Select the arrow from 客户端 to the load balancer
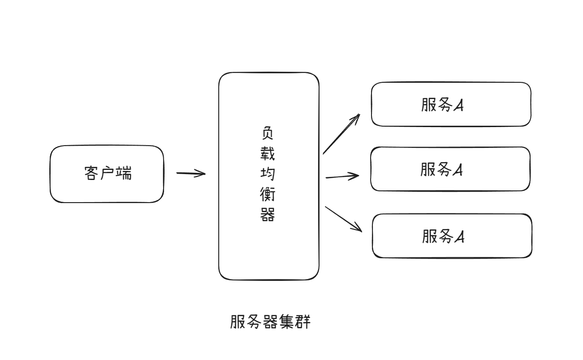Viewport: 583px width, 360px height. tap(191, 173)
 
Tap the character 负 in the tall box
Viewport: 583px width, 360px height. tap(268, 133)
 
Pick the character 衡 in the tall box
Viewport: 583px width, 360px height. tap(268, 195)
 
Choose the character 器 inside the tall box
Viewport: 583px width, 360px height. tap(268, 215)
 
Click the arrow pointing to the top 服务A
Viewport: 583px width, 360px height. tap(341, 134)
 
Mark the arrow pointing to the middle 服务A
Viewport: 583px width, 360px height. tap(342, 176)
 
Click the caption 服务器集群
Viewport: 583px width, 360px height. tap(270, 322)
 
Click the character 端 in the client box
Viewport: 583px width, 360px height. tap(124, 174)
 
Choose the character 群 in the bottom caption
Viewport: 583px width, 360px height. tap(303, 322)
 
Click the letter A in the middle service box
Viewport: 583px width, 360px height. tap(458, 170)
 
